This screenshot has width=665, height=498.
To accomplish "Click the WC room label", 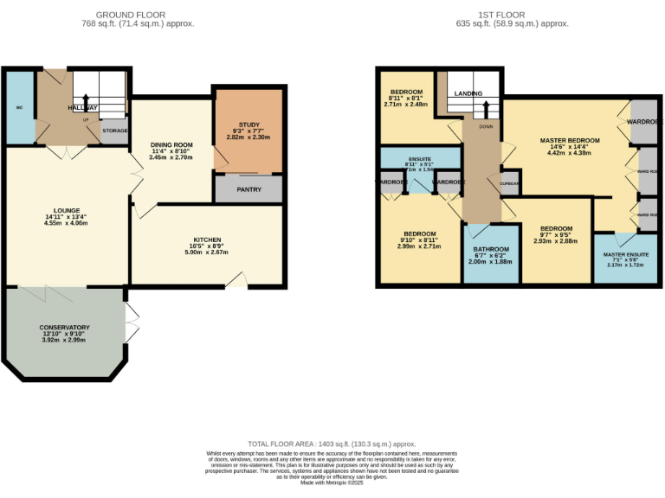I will (x=18, y=108).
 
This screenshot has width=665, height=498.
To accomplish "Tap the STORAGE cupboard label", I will (x=115, y=131).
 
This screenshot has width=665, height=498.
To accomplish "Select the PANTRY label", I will (x=249, y=189).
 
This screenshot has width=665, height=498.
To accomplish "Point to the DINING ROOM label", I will (x=170, y=144).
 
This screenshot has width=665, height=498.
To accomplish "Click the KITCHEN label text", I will (x=207, y=239).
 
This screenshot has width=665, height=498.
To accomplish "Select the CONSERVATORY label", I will (x=66, y=327).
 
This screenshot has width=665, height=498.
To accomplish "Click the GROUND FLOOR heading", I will (x=132, y=15).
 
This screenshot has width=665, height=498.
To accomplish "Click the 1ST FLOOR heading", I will (x=525, y=15).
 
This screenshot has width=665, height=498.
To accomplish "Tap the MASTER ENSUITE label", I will (x=626, y=254).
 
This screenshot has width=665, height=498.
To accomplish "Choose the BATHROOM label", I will (x=491, y=249).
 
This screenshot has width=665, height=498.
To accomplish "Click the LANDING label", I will (x=468, y=93).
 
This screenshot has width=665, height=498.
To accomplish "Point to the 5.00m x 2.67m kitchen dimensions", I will (x=207, y=252).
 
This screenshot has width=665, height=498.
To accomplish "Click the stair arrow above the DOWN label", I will (x=486, y=110).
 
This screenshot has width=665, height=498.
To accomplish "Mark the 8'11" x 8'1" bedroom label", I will (x=406, y=98).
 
